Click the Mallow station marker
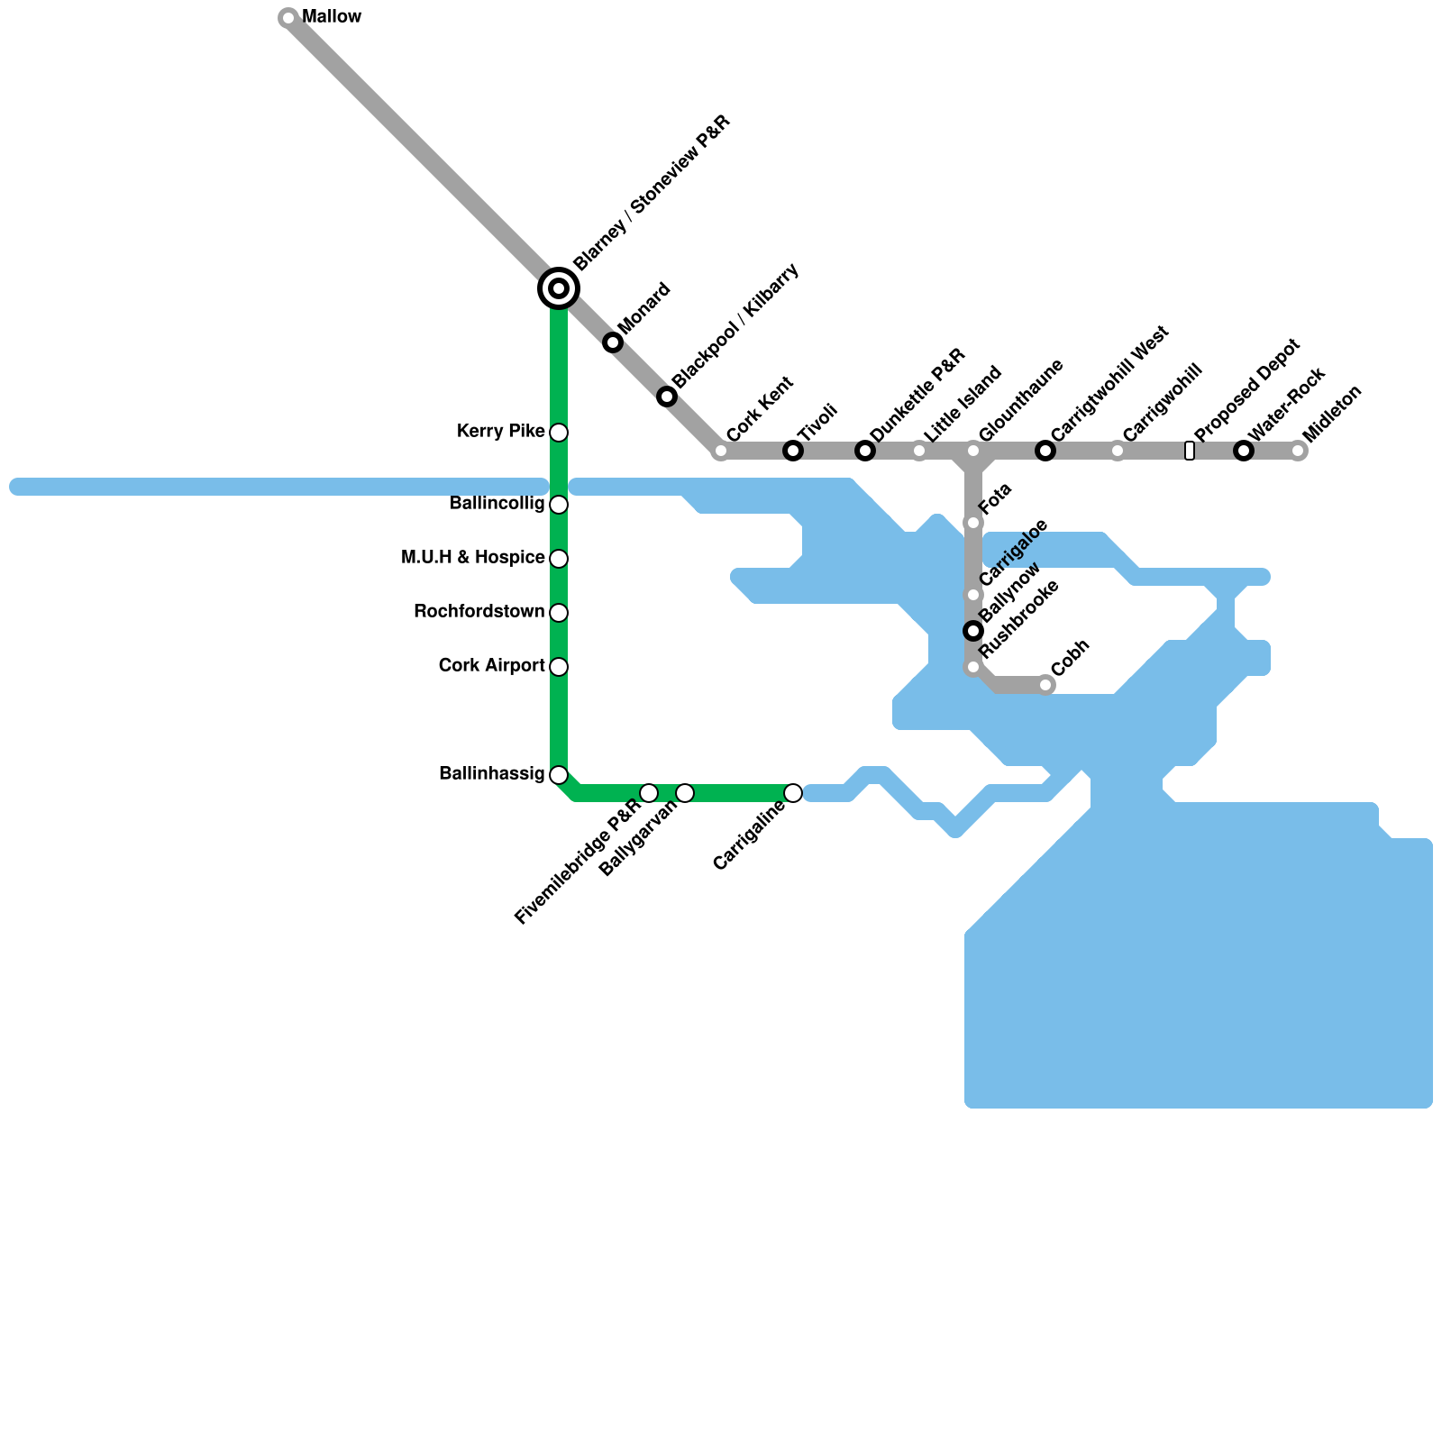pyautogui.click(x=288, y=18)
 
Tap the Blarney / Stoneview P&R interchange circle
pyautogui.click(x=559, y=288)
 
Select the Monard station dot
pyautogui.click(x=613, y=342)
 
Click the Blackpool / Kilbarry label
pyautogui.click(x=735, y=325)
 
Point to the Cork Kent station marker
pyautogui.click(x=721, y=451)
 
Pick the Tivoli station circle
pyautogui.click(x=793, y=451)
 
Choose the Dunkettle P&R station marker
pyautogui.click(x=865, y=451)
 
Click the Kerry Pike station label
pyautogui.click(x=500, y=432)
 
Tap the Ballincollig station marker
pyautogui.click(x=559, y=505)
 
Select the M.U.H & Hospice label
pyautogui.click(x=472, y=558)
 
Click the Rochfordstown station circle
pyautogui.click(x=559, y=613)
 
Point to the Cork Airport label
pyautogui.click(x=491, y=666)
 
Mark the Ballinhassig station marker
pyautogui.click(x=559, y=775)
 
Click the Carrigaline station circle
pyautogui.click(x=793, y=793)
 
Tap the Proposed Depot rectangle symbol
pyautogui.click(x=1190, y=451)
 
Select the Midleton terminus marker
pyautogui.click(x=1298, y=451)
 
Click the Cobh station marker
pyautogui.click(x=1045, y=685)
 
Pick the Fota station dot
pyautogui.click(x=973, y=523)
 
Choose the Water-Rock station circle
pyautogui.click(x=1244, y=451)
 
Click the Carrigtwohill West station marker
pyautogui.click(x=1045, y=451)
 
